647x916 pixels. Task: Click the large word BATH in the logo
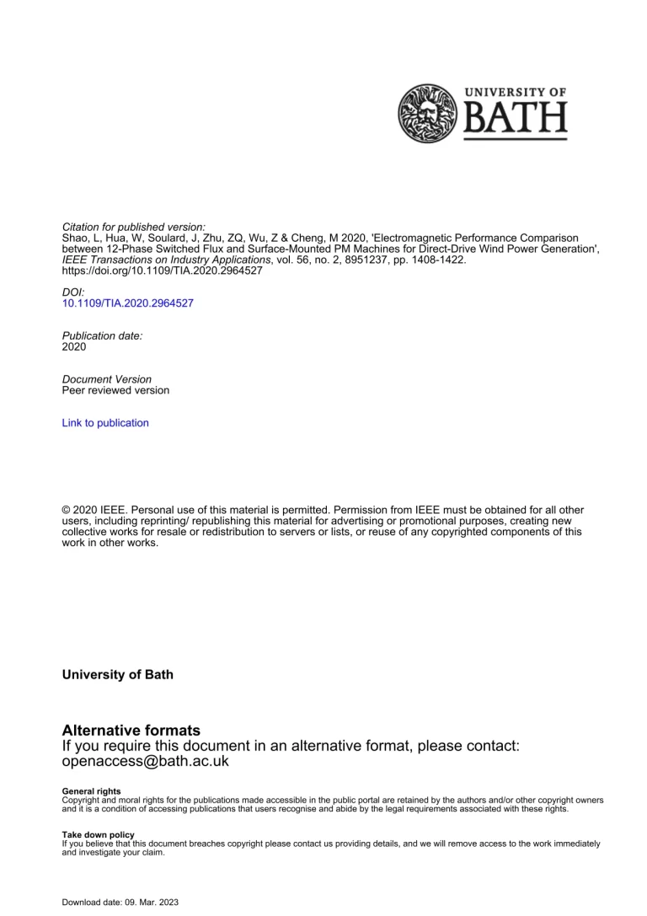pos(516,121)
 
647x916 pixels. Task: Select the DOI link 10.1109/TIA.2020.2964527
pos(128,303)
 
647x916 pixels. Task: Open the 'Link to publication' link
pos(105,423)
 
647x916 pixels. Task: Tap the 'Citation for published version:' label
pos(133,228)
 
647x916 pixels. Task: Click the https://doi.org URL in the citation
pos(163,271)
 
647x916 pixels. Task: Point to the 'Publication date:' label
pos(102,335)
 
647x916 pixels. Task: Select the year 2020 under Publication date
pos(74,346)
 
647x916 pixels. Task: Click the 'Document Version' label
pos(107,379)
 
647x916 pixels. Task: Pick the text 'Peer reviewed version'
pos(115,390)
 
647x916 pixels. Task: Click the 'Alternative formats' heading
pos(131,731)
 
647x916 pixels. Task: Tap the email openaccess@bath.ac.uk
pos(146,761)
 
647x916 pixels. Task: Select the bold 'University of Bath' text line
pos(118,675)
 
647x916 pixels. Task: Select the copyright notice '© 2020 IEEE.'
pos(96,511)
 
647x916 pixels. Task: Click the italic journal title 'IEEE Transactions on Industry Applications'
pos(163,260)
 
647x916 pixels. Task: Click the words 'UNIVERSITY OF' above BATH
pos(516,93)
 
